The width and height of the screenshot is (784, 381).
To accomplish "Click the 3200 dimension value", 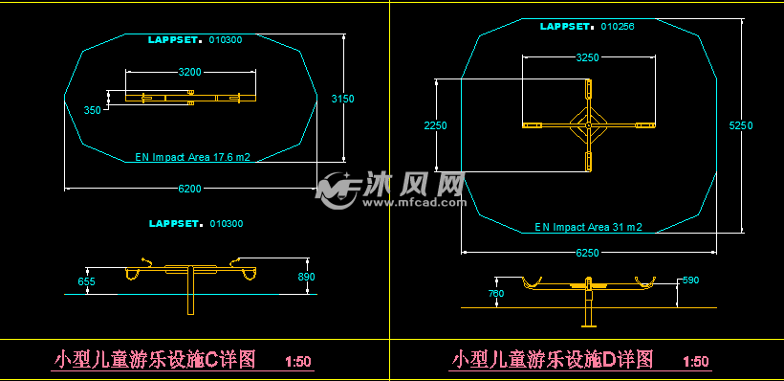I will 190,72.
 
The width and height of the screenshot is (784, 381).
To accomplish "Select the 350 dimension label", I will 92,111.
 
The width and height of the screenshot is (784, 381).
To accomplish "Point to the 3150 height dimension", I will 342,99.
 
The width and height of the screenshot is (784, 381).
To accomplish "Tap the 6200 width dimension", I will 190,189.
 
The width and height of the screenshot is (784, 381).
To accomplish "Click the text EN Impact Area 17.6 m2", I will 192,155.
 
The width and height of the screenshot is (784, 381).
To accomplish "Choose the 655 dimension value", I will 86,281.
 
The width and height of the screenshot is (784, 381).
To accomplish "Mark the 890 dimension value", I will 306,277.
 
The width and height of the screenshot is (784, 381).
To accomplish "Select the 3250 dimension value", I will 587,57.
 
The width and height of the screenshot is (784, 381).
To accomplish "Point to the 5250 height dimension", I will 741,125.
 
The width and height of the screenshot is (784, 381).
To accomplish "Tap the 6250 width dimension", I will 588,253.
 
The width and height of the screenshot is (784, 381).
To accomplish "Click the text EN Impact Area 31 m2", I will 588,228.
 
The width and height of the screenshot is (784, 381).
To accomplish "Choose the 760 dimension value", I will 495,294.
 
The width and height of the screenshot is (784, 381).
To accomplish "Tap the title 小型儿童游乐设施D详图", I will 552,360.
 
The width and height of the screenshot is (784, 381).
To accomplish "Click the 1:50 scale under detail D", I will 696,362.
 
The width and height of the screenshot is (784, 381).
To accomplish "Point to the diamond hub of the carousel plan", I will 588,125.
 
